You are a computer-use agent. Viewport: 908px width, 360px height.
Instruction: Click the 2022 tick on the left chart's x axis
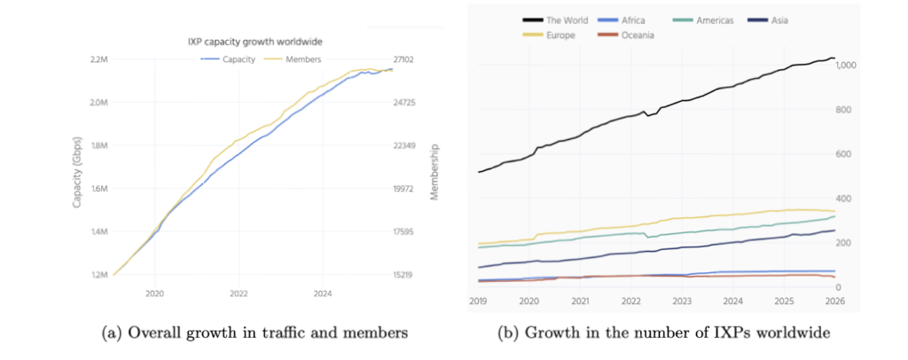[239, 293]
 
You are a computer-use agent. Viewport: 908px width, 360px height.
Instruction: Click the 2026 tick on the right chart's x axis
[834, 301]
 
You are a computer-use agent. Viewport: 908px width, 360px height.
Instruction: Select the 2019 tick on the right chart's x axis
[478, 301]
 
